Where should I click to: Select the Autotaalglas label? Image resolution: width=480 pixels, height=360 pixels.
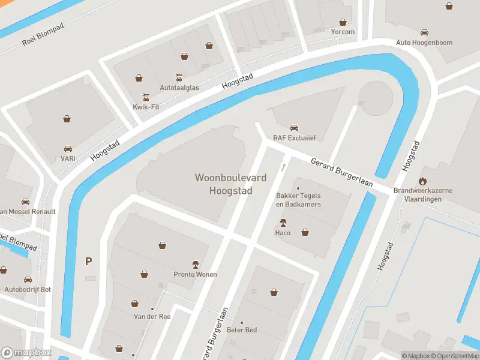178,87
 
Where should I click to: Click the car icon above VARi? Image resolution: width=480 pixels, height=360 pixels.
68,148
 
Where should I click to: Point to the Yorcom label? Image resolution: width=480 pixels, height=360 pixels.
343,32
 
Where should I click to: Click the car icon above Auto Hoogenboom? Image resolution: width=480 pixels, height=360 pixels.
424,32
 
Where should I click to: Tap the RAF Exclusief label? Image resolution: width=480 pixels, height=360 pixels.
294,137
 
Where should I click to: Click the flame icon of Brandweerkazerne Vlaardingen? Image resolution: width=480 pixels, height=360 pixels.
422,181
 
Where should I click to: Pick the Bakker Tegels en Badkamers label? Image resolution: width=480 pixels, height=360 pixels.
298,200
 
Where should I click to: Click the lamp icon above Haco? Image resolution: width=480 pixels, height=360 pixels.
283,223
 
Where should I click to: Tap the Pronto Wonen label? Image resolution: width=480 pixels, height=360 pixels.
195,274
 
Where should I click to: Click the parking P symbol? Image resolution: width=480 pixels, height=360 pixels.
89,261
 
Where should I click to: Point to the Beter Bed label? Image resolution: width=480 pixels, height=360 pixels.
242,330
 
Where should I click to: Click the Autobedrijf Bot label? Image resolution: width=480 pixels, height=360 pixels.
28,289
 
